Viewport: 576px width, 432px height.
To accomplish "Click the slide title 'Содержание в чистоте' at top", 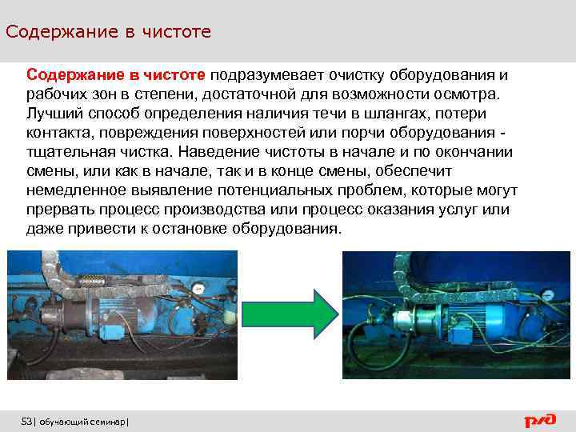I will [x=108, y=32].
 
